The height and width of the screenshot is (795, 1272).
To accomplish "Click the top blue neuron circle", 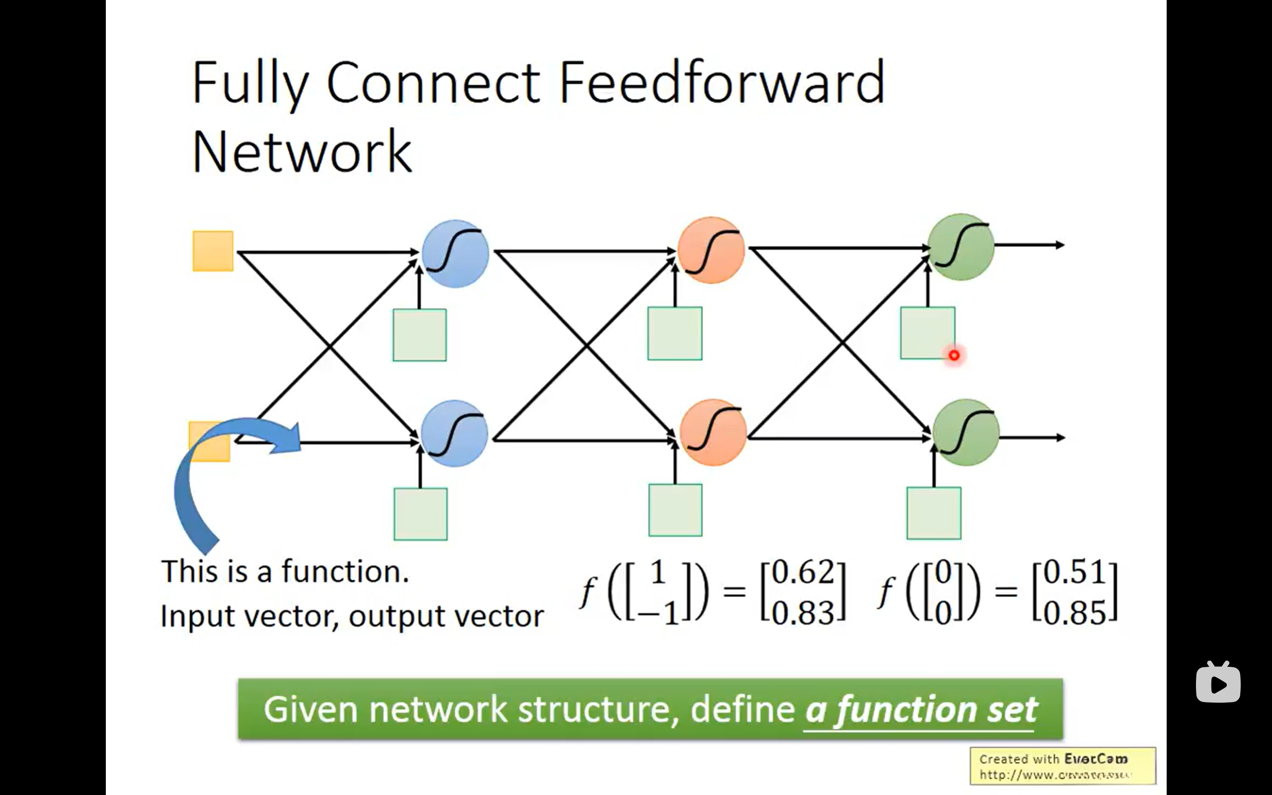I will [x=455, y=253].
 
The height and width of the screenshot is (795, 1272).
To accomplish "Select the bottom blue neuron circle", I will [x=454, y=433].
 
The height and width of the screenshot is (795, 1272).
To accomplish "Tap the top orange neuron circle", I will [x=711, y=250].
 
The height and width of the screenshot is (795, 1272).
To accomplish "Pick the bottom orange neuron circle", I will [x=713, y=432].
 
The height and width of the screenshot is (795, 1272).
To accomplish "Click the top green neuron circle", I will [x=961, y=246].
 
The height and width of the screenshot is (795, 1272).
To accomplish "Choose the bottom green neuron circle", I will [x=965, y=432].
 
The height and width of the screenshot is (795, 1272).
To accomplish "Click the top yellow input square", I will [x=213, y=251].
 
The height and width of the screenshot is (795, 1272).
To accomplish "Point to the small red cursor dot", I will [x=954, y=355].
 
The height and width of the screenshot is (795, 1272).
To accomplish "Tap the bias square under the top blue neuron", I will [x=419, y=335].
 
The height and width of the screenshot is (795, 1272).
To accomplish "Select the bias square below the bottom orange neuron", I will [x=675, y=510].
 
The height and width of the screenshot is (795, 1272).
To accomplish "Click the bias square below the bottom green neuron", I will [x=934, y=513].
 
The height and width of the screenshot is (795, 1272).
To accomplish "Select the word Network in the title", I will [x=302, y=152].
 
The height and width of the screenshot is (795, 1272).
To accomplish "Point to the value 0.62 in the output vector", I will [x=802, y=572].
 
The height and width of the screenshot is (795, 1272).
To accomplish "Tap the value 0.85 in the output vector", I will [x=1075, y=613].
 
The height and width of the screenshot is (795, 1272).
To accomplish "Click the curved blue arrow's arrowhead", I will [x=287, y=437].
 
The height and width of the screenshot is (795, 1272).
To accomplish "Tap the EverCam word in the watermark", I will [x=1096, y=759].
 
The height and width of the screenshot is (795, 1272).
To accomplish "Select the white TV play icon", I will [x=1218, y=683].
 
